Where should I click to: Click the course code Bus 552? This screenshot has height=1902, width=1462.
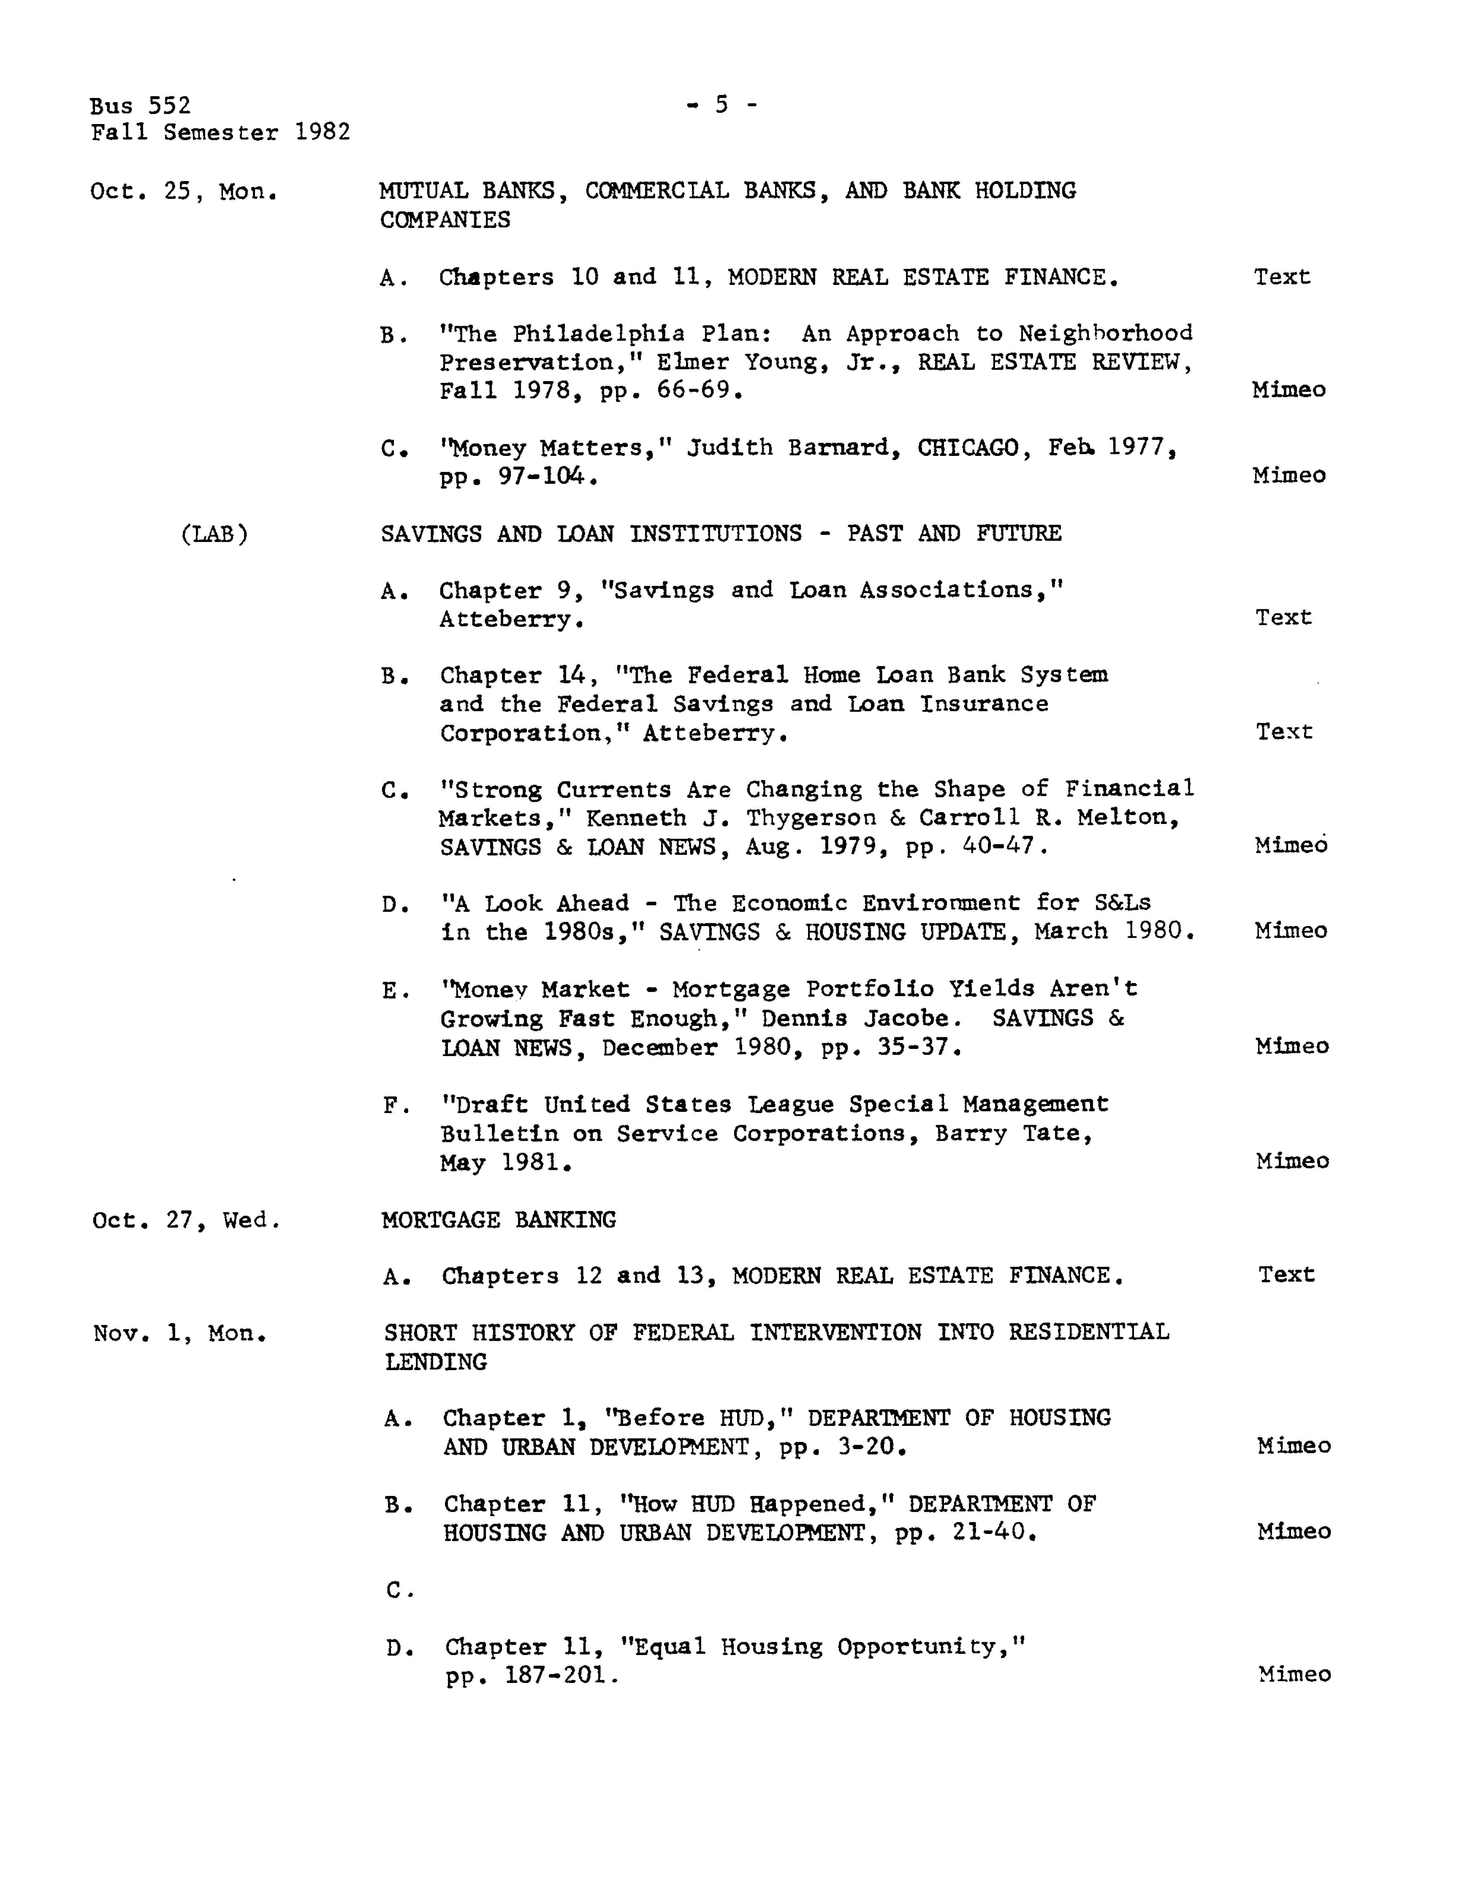point(139,106)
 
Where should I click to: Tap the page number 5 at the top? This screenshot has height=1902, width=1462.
point(721,105)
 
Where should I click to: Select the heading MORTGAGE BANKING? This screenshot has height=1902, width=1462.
point(499,1220)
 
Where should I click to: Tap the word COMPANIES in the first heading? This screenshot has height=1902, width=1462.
point(445,220)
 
